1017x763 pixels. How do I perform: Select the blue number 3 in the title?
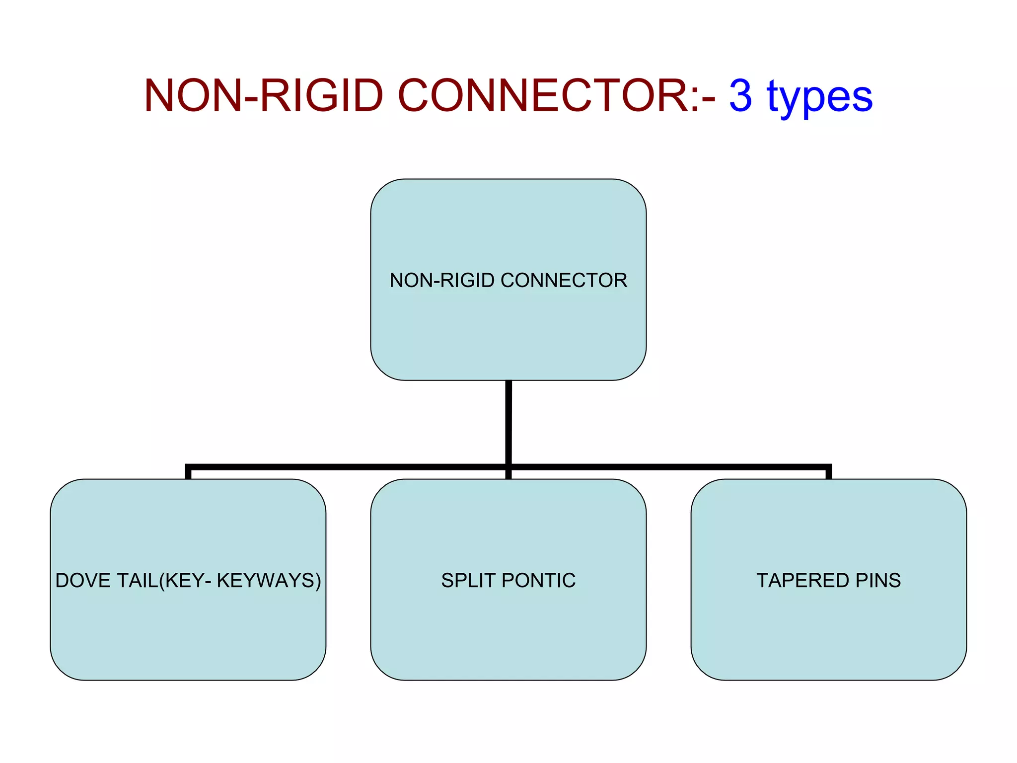click(x=740, y=95)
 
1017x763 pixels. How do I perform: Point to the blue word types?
click(x=820, y=97)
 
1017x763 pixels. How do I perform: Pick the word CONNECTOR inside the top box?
click(x=564, y=280)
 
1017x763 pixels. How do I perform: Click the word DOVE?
click(x=81, y=580)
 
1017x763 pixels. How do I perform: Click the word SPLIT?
click(x=468, y=580)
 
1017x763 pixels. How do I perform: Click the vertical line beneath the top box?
click(x=508, y=422)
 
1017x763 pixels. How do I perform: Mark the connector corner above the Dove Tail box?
click(x=188, y=467)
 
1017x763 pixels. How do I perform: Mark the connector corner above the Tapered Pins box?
click(x=828, y=467)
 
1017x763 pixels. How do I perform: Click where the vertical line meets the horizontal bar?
click(x=508, y=467)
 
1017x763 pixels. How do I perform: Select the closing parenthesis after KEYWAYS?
click(x=318, y=581)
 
